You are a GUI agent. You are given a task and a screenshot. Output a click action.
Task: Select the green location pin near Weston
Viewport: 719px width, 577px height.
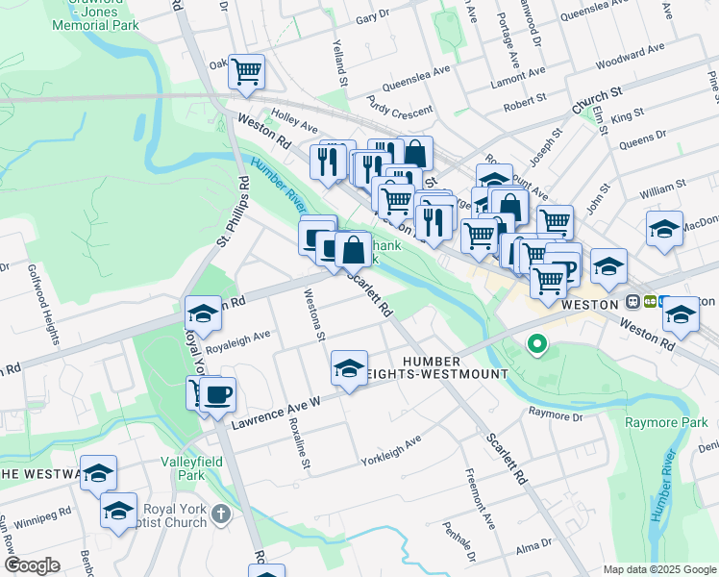click(x=536, y=342)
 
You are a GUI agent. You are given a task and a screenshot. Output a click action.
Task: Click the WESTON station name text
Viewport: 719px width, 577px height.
click(x=587, y=303)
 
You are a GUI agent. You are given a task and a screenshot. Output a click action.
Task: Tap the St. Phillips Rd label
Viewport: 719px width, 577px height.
click(x=234, y=210)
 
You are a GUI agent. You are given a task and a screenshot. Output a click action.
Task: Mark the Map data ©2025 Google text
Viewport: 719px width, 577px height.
click(x=659, y=569)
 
